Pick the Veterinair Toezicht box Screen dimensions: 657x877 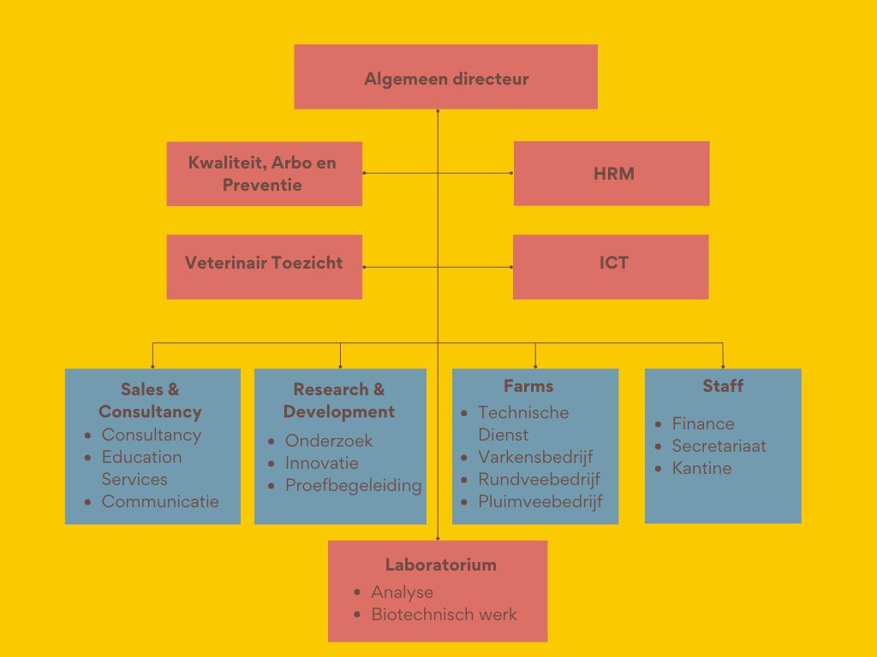coord(264,263)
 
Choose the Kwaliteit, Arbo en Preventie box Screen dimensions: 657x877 coord(264,174)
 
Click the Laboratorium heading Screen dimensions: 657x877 coord(440,565)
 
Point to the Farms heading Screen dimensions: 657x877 coord(528,386)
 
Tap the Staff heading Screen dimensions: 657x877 coord(723,386)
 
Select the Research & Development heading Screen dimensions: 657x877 coord(339,400)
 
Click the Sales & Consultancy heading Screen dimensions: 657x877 coord(150,400)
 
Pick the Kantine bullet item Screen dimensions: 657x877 coord(701,468)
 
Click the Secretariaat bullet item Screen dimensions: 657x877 coord(719,446)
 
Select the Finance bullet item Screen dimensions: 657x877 coord(702,423)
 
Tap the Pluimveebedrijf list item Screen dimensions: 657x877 coord(540,501)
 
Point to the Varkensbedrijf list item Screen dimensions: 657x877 coord(535,457)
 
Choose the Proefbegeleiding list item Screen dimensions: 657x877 coord(353,485)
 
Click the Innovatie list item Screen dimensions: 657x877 coord(321,463)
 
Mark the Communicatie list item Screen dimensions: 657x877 coord(160,501)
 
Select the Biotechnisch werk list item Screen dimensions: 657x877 coord(444,614)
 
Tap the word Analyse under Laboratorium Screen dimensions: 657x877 coord(402,592)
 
